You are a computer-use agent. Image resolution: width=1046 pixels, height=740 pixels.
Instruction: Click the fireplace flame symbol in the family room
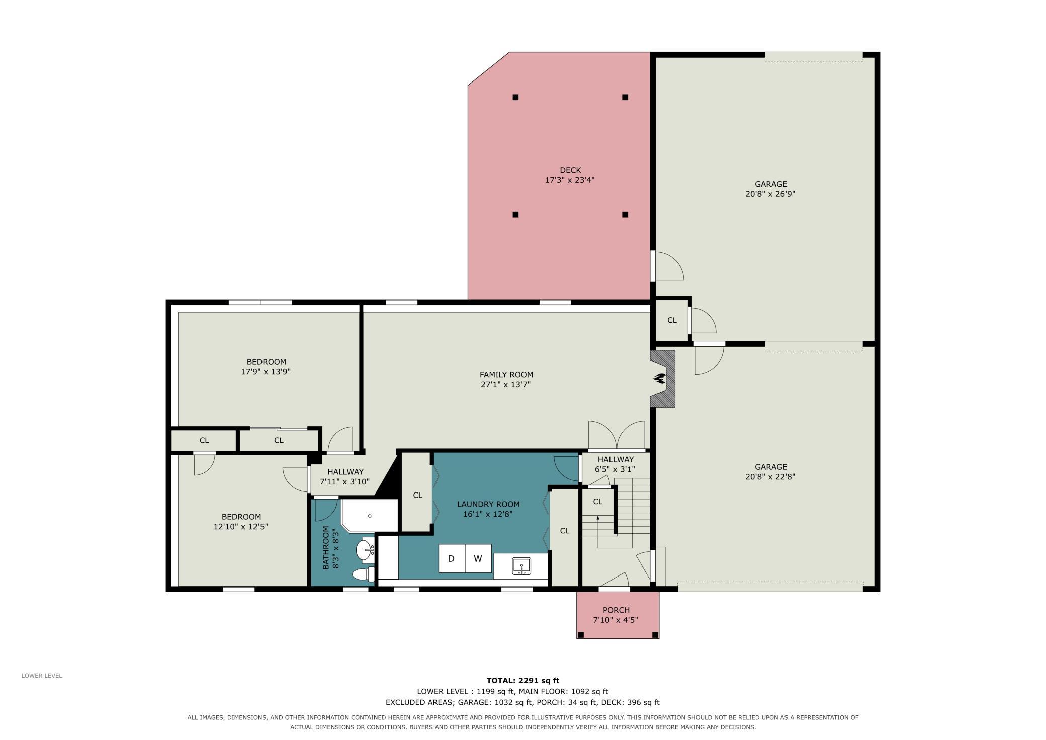click(x=659, y=378)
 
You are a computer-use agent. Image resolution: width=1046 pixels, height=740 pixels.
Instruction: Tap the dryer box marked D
click(x=452, y=558)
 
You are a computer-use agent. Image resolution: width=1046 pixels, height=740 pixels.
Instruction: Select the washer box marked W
click(x=478, y=558)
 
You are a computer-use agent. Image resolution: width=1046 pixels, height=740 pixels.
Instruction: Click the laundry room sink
click(x=521, y=566)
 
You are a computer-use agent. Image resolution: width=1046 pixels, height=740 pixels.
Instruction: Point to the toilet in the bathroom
click(x=363, y=574)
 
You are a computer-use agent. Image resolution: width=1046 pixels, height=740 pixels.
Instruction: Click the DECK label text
click(x=570, y=170)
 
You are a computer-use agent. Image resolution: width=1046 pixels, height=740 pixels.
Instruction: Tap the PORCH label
click(x=616, y=610)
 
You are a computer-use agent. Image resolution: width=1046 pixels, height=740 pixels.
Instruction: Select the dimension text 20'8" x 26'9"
click(x=770, y=194)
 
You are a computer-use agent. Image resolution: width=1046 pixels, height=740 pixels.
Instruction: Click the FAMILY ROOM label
click(x=506, y=375)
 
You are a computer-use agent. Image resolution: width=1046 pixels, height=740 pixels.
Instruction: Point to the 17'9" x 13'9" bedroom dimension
click(x=266, y=372)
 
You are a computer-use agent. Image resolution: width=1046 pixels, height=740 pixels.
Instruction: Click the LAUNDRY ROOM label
click(x=488, y=504)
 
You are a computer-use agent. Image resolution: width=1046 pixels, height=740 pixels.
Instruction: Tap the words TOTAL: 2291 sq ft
click(x=523, y=681)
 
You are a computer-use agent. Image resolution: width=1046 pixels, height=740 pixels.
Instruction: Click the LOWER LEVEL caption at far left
click(x=42, y=676)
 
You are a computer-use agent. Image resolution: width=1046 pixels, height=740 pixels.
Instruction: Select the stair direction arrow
click(x=598, y=532)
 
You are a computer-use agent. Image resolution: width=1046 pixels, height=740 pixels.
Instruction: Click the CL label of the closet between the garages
click(x=672, y=320)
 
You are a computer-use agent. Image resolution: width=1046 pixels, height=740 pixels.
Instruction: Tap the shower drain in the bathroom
click(x=370, y=516)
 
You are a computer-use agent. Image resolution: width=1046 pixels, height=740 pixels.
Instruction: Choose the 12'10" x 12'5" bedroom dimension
click(x=241, y=527)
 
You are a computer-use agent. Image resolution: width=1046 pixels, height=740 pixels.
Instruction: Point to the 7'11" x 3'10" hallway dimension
click(x=345, y=482)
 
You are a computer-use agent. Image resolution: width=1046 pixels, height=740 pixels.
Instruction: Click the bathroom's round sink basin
click(x=364, y=550)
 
